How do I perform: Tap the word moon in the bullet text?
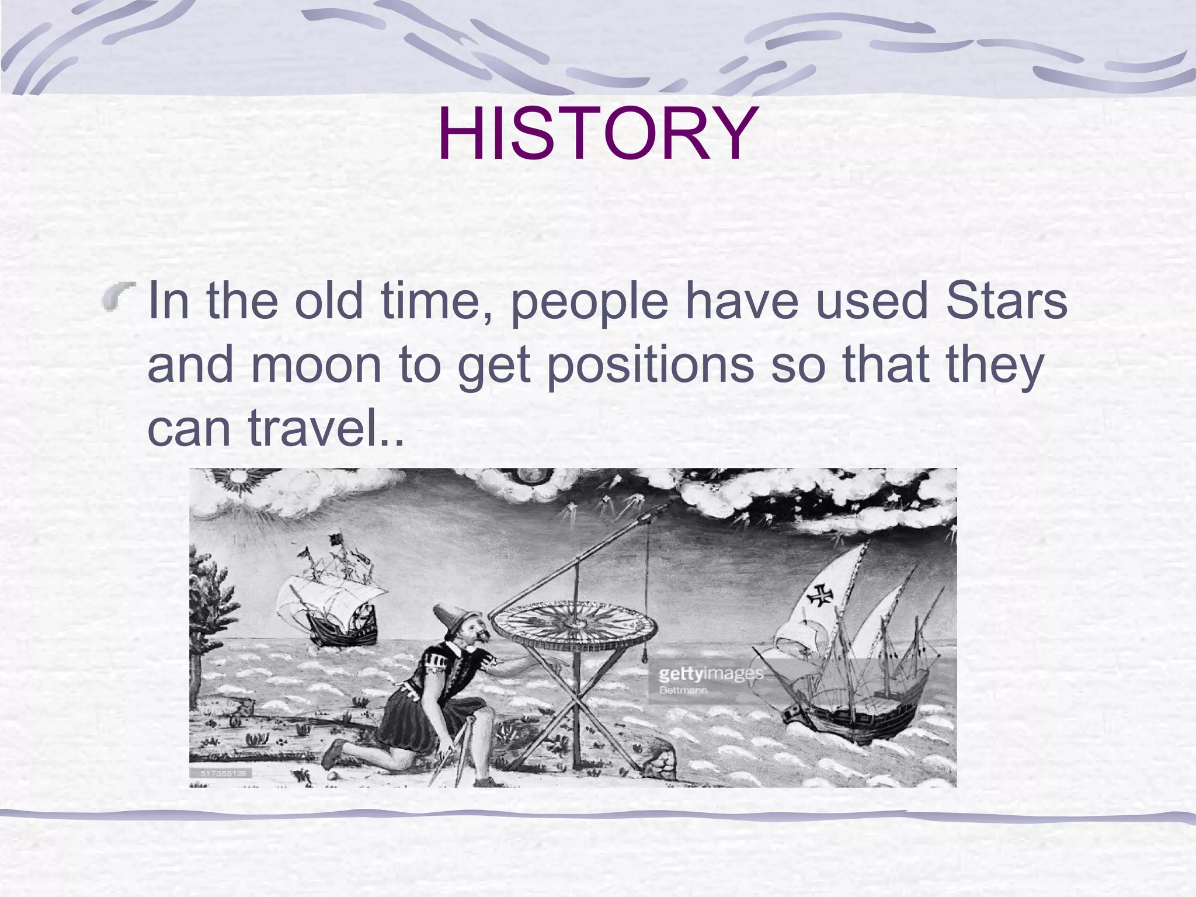point(316,365)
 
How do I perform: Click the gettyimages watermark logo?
point(710,675)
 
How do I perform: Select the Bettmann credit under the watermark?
point(683,690)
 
